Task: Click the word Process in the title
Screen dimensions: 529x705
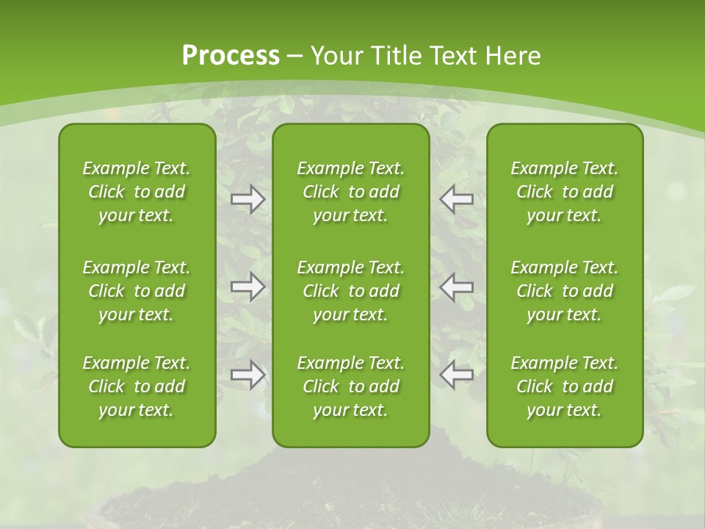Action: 231,56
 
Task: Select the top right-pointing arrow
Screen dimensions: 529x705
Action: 247,199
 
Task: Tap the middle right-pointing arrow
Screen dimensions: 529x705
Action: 247,287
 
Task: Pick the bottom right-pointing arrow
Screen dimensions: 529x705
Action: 247,375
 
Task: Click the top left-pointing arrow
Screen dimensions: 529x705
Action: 456,199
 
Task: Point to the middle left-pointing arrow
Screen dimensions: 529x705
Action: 456,287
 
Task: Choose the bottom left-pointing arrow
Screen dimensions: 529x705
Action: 456,375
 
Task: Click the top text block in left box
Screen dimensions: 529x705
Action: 137,192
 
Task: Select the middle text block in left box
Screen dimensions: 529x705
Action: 137,291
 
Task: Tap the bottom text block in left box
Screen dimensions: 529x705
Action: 137,386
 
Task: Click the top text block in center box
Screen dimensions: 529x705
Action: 351,192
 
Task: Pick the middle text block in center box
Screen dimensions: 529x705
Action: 351,291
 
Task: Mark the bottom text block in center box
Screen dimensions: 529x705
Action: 351,386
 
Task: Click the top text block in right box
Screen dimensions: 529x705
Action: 565,192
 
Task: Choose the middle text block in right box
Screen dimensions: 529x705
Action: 565,291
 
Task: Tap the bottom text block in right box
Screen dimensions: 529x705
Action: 565,386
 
